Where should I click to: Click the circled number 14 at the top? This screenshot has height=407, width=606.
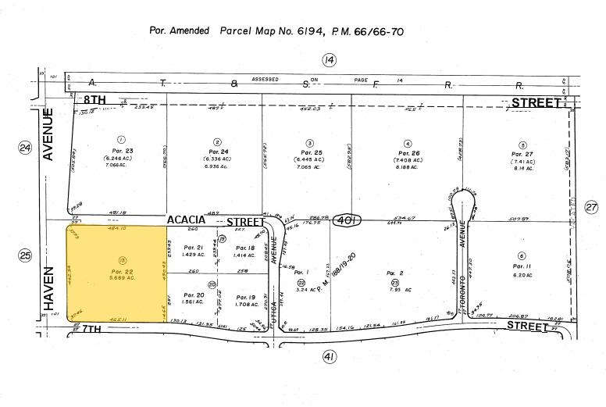click(x=329, y=60)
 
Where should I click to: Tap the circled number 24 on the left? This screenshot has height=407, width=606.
click(x=25, y=148)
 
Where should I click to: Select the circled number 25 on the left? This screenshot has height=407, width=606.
click(x=25, y=255)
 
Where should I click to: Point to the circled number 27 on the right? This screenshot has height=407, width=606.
click(x=591, y=207)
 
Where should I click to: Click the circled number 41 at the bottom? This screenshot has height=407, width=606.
click(x=329, y=357)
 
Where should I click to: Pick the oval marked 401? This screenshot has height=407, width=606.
click(x=349, y=221)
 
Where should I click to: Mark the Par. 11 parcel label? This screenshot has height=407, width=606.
click(x=522, y=267)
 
